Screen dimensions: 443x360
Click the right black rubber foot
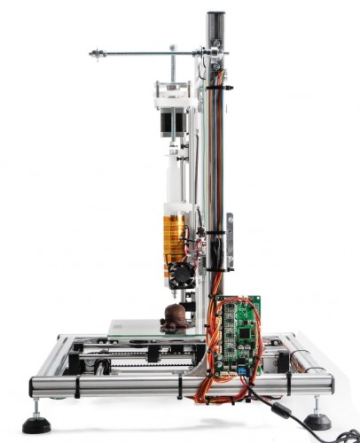(317, 421)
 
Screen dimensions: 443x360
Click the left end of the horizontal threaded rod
(92, 55)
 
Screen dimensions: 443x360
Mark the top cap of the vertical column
(215, 15)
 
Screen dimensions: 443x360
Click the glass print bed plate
(142, 327)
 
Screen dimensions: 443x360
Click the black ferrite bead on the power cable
(282, 409)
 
